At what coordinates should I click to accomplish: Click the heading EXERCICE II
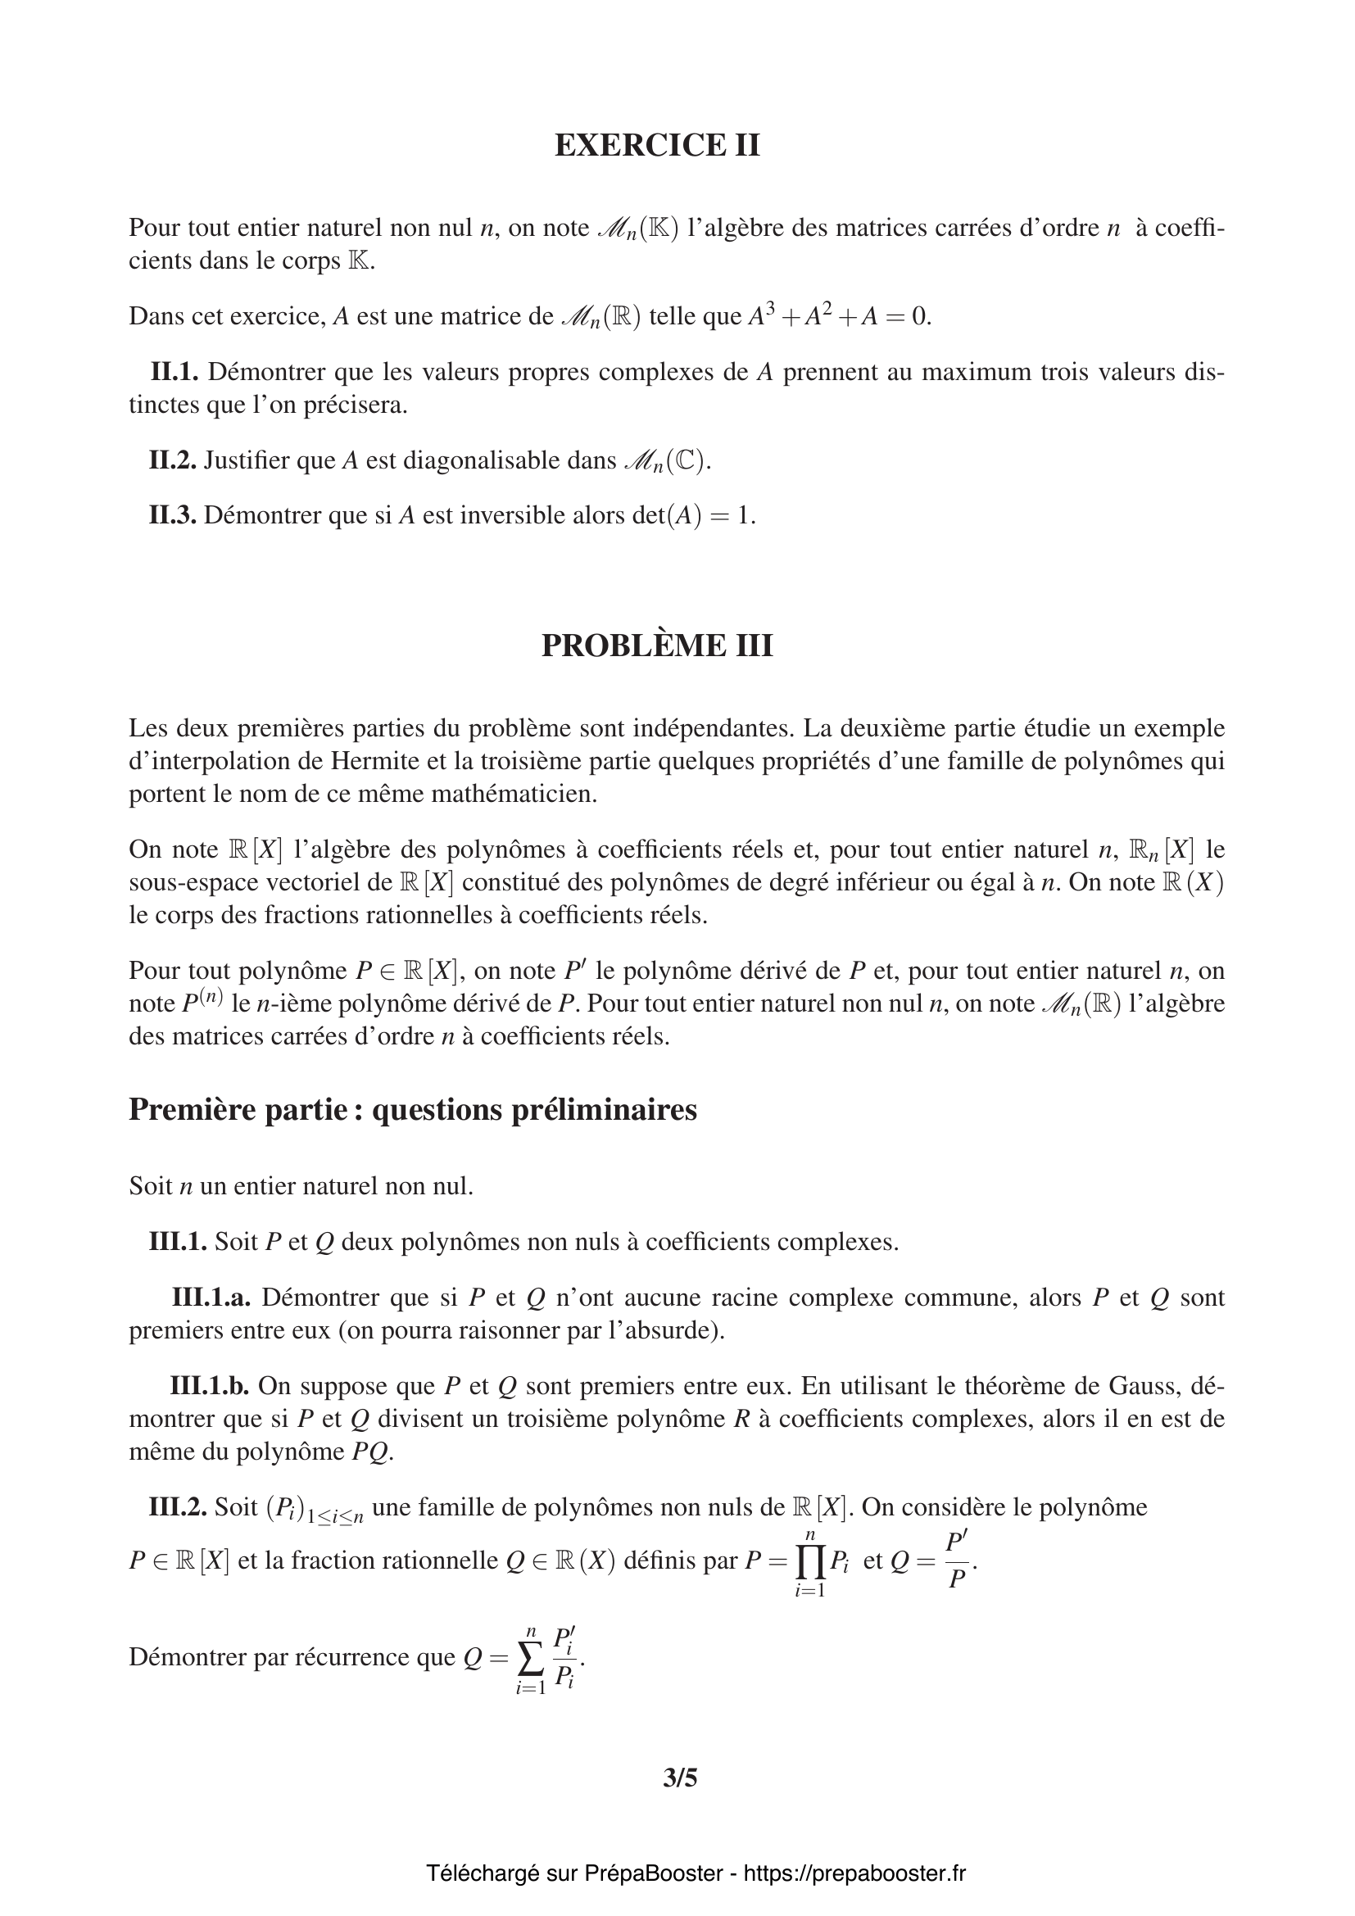coord(657,145)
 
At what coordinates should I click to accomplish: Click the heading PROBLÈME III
coord(657,645)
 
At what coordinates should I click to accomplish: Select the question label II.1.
coord(174,371)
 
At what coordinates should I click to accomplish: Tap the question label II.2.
coord(173,460)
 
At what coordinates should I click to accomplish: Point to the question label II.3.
coord(173,515)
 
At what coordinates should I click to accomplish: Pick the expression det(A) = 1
coord(690,515)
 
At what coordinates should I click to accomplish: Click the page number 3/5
coord(679,1778)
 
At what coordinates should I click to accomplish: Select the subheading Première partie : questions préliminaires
coord(412,1109)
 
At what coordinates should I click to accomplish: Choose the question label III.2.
coord(178,1506)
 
